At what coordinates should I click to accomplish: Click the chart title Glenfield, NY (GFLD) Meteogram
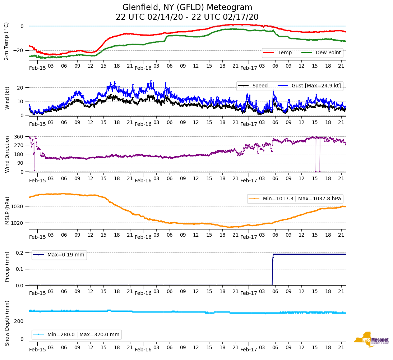pos(187,7)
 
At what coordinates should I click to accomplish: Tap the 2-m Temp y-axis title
pos(6,41)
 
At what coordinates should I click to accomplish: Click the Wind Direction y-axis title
pos(7,154)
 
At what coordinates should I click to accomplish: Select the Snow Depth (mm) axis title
pos(7,323)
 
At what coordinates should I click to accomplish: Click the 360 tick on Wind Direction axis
pos(19,137)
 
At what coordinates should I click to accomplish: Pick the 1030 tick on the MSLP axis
pos(18,206)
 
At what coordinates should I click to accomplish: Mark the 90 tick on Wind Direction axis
pos(20,163)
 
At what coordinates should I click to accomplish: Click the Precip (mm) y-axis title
pos(7,266)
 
